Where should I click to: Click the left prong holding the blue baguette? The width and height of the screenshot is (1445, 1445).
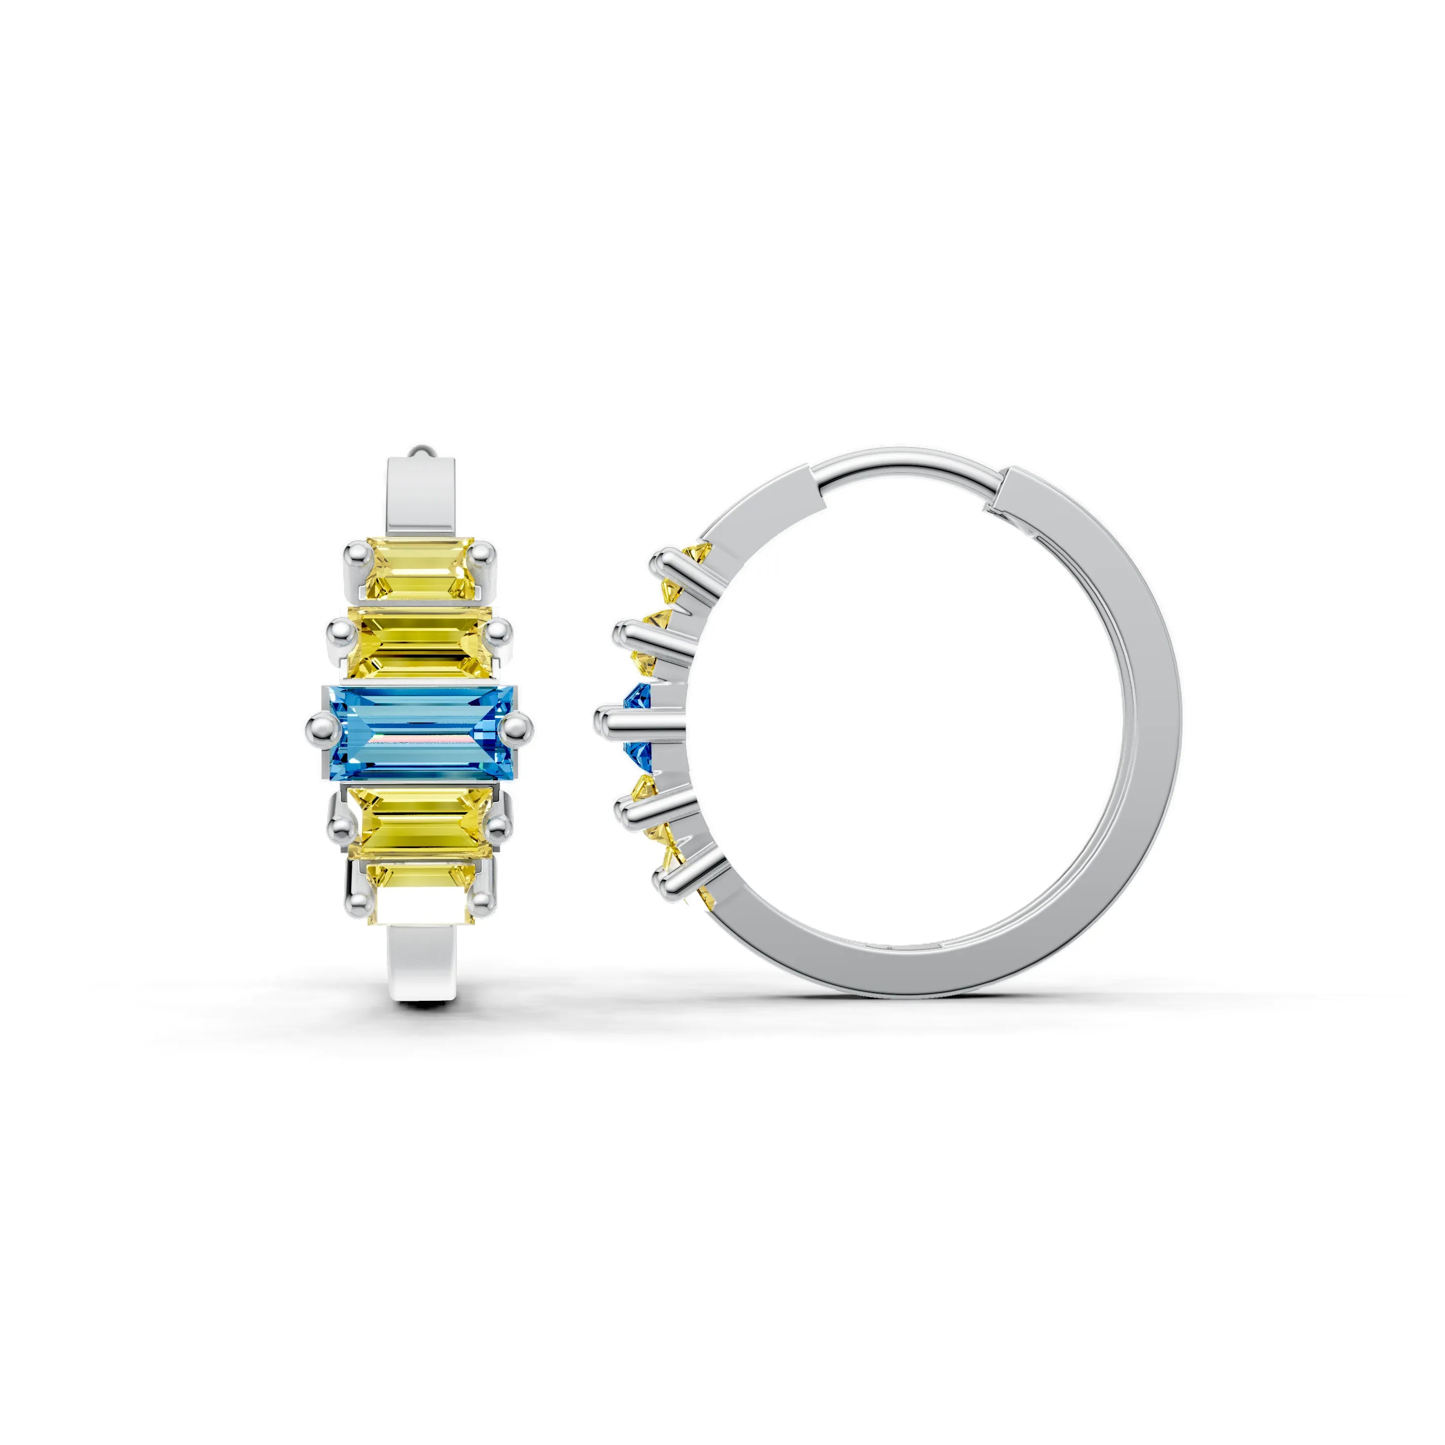point(319,726)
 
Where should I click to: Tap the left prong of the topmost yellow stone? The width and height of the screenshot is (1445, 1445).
point(355,556)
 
